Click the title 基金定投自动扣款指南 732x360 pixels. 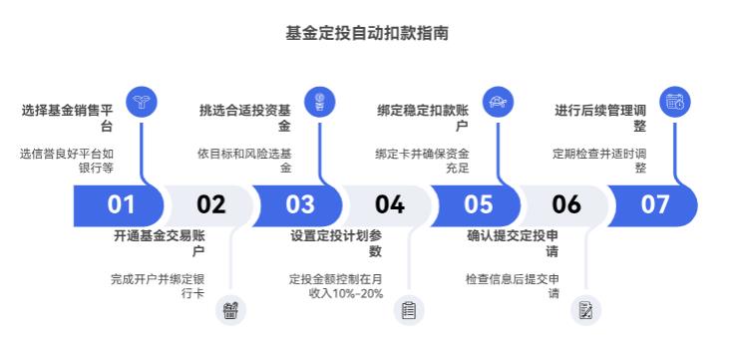coord(366,33)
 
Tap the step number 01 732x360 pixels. coord(121,204)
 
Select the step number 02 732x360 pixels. coord(210,204)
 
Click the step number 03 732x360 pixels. coord(299,204)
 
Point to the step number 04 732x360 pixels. coord(389,204)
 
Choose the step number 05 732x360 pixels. coord(478,204)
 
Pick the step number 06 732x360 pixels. coord(566,204)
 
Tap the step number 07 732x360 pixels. coord(655,204)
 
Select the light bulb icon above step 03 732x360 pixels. coord(319,102)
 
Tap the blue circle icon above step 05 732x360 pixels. coord(497,102)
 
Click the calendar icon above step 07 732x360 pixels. coord(675,102)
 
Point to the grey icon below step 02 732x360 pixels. coord(230,310)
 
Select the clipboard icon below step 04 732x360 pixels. coord(408,310)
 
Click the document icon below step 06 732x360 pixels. coord(586,310)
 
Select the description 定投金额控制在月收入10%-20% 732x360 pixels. coord(336,286)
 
